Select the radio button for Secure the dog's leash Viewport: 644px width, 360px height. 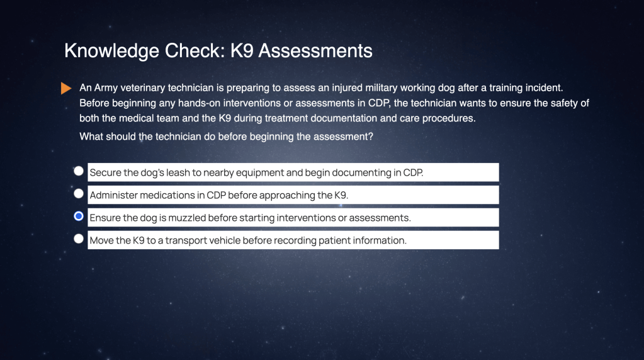click(x=79, y=171)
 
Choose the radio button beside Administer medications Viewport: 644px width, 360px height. click(x=79, y=194)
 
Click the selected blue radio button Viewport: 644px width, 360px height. click(x=79, y=217)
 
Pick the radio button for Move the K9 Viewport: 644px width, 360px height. click(x=79, y=239)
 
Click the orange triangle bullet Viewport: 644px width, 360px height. click(x=66, y=88)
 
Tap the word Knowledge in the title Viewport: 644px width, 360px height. click(x=111, y=52)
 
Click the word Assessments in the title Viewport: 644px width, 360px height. click(x=315, y=51)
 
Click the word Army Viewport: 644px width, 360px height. click(x=106, y=88)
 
